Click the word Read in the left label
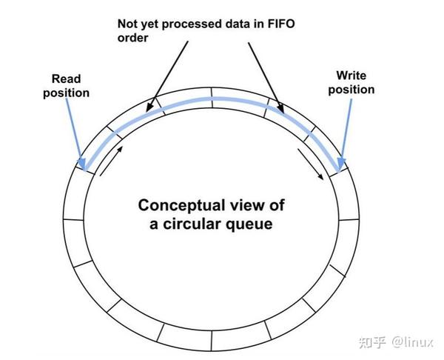66,79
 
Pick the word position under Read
66,93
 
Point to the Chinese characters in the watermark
372,342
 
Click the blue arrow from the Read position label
74,133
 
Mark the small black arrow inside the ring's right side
311,164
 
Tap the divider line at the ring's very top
212,93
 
